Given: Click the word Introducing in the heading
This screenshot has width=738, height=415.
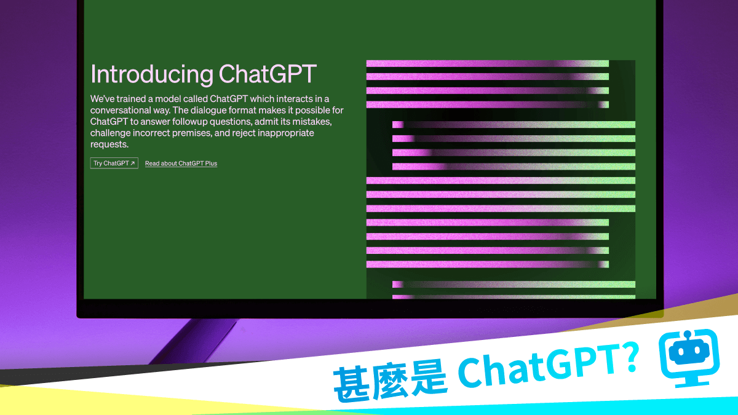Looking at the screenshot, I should tap(151, 74).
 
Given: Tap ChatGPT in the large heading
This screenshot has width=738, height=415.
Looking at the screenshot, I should tap(267, 74).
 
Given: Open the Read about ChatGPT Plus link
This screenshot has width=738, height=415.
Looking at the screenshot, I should tap(181, 164).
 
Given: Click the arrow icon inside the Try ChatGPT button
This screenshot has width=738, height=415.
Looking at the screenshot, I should tap(132, 164).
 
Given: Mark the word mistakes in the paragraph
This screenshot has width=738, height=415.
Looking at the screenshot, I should tap(311, 122).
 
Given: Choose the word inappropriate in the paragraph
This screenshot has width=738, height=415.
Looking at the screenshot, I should tap(280, 133).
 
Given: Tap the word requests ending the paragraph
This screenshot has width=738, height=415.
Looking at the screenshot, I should tap(109, 144).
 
